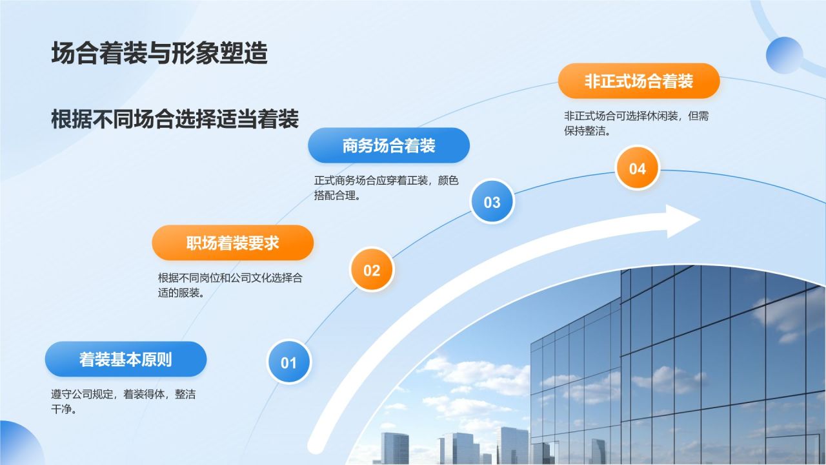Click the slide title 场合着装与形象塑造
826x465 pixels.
(x=159, y=54)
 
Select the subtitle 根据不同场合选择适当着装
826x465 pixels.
(x=175, y=119)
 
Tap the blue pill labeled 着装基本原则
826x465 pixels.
(x=126, y=359)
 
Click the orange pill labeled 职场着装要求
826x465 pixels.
(x=233, y=243)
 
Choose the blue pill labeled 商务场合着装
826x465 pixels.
(x=388, y=145)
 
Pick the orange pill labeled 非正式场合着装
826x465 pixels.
(x=638, y=81)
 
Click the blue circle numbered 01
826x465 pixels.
(x=289, y=362)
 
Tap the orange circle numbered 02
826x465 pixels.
(x=372, y=270)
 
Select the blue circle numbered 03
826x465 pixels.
(x=492, y=201)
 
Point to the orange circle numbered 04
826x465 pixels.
(x=637, y=168)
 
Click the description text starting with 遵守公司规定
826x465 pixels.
(x=123, y=402)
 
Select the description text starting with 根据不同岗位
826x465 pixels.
(x=230, y=285)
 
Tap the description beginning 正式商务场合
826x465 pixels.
(x=386, y=188)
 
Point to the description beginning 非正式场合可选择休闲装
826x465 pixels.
(x=636, y=123)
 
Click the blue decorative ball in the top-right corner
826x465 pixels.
(x=784, y=55)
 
